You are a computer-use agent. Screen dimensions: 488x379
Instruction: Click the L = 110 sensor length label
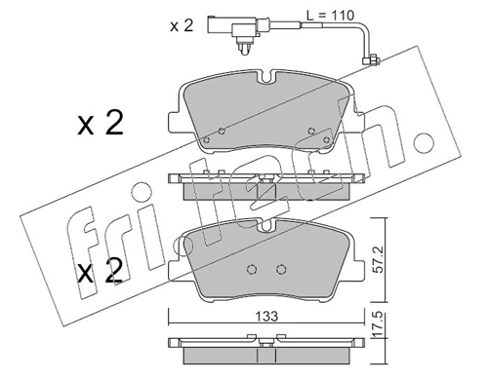(x=330, y=16)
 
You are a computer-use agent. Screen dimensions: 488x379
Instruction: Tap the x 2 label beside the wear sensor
(x=182, y=25)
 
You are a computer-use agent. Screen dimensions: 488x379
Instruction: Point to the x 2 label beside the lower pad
(x=101, y=271)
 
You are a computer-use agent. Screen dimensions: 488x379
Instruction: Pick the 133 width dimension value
(x=266, y=316)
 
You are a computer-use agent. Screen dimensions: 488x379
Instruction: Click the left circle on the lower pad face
(x=252, y=269)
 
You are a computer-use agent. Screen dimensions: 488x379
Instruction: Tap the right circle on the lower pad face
(x=281, y=269)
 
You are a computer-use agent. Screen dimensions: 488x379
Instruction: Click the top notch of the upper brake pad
(x=266, y=77)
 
